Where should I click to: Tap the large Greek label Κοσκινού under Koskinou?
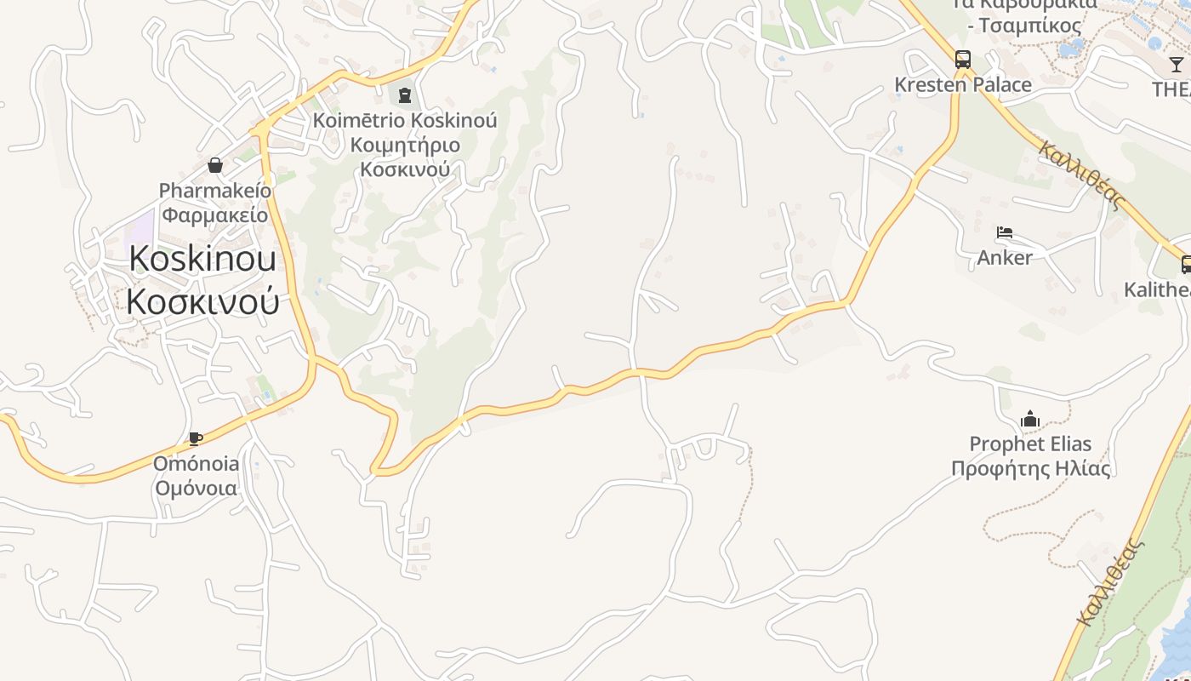coord(202,300)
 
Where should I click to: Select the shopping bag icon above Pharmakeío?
coord(215,165)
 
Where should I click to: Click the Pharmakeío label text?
coord(215,190)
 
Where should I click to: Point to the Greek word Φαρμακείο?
coord(215,215)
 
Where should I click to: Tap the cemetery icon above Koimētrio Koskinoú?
coord(404,94)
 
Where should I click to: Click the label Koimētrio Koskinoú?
coord(405,120)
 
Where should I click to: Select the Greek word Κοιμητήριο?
coord(405,145)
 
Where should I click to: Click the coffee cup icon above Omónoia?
coord(196,439)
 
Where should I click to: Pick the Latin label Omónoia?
coord(197,464)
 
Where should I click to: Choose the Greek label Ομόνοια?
coord(197,489)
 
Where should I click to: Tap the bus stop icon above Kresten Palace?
coord(962,60)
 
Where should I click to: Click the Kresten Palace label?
coord(962,85)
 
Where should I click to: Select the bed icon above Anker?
coord(1005,232)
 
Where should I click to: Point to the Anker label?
coord(1005,257)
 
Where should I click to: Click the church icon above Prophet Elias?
coord(1030,419)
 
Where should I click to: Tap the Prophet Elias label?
coord(1030,444)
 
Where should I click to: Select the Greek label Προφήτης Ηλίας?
coord(1030,468)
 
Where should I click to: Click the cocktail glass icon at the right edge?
coord(1176,65)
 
